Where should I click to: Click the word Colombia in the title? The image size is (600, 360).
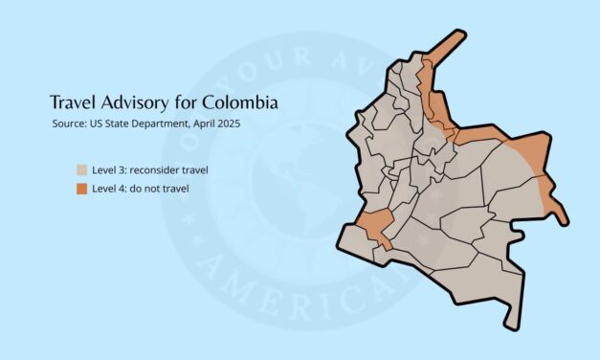242,101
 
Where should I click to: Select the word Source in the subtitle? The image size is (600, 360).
69,124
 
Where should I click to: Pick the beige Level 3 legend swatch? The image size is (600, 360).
82,170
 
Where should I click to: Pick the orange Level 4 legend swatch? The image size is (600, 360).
82,189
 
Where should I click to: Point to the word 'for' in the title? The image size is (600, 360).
194,101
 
